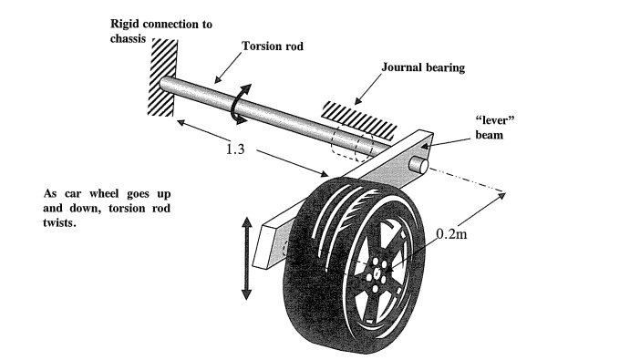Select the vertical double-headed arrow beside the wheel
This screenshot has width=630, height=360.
pos(245,257)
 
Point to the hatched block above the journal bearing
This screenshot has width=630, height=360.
pos(350,111)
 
